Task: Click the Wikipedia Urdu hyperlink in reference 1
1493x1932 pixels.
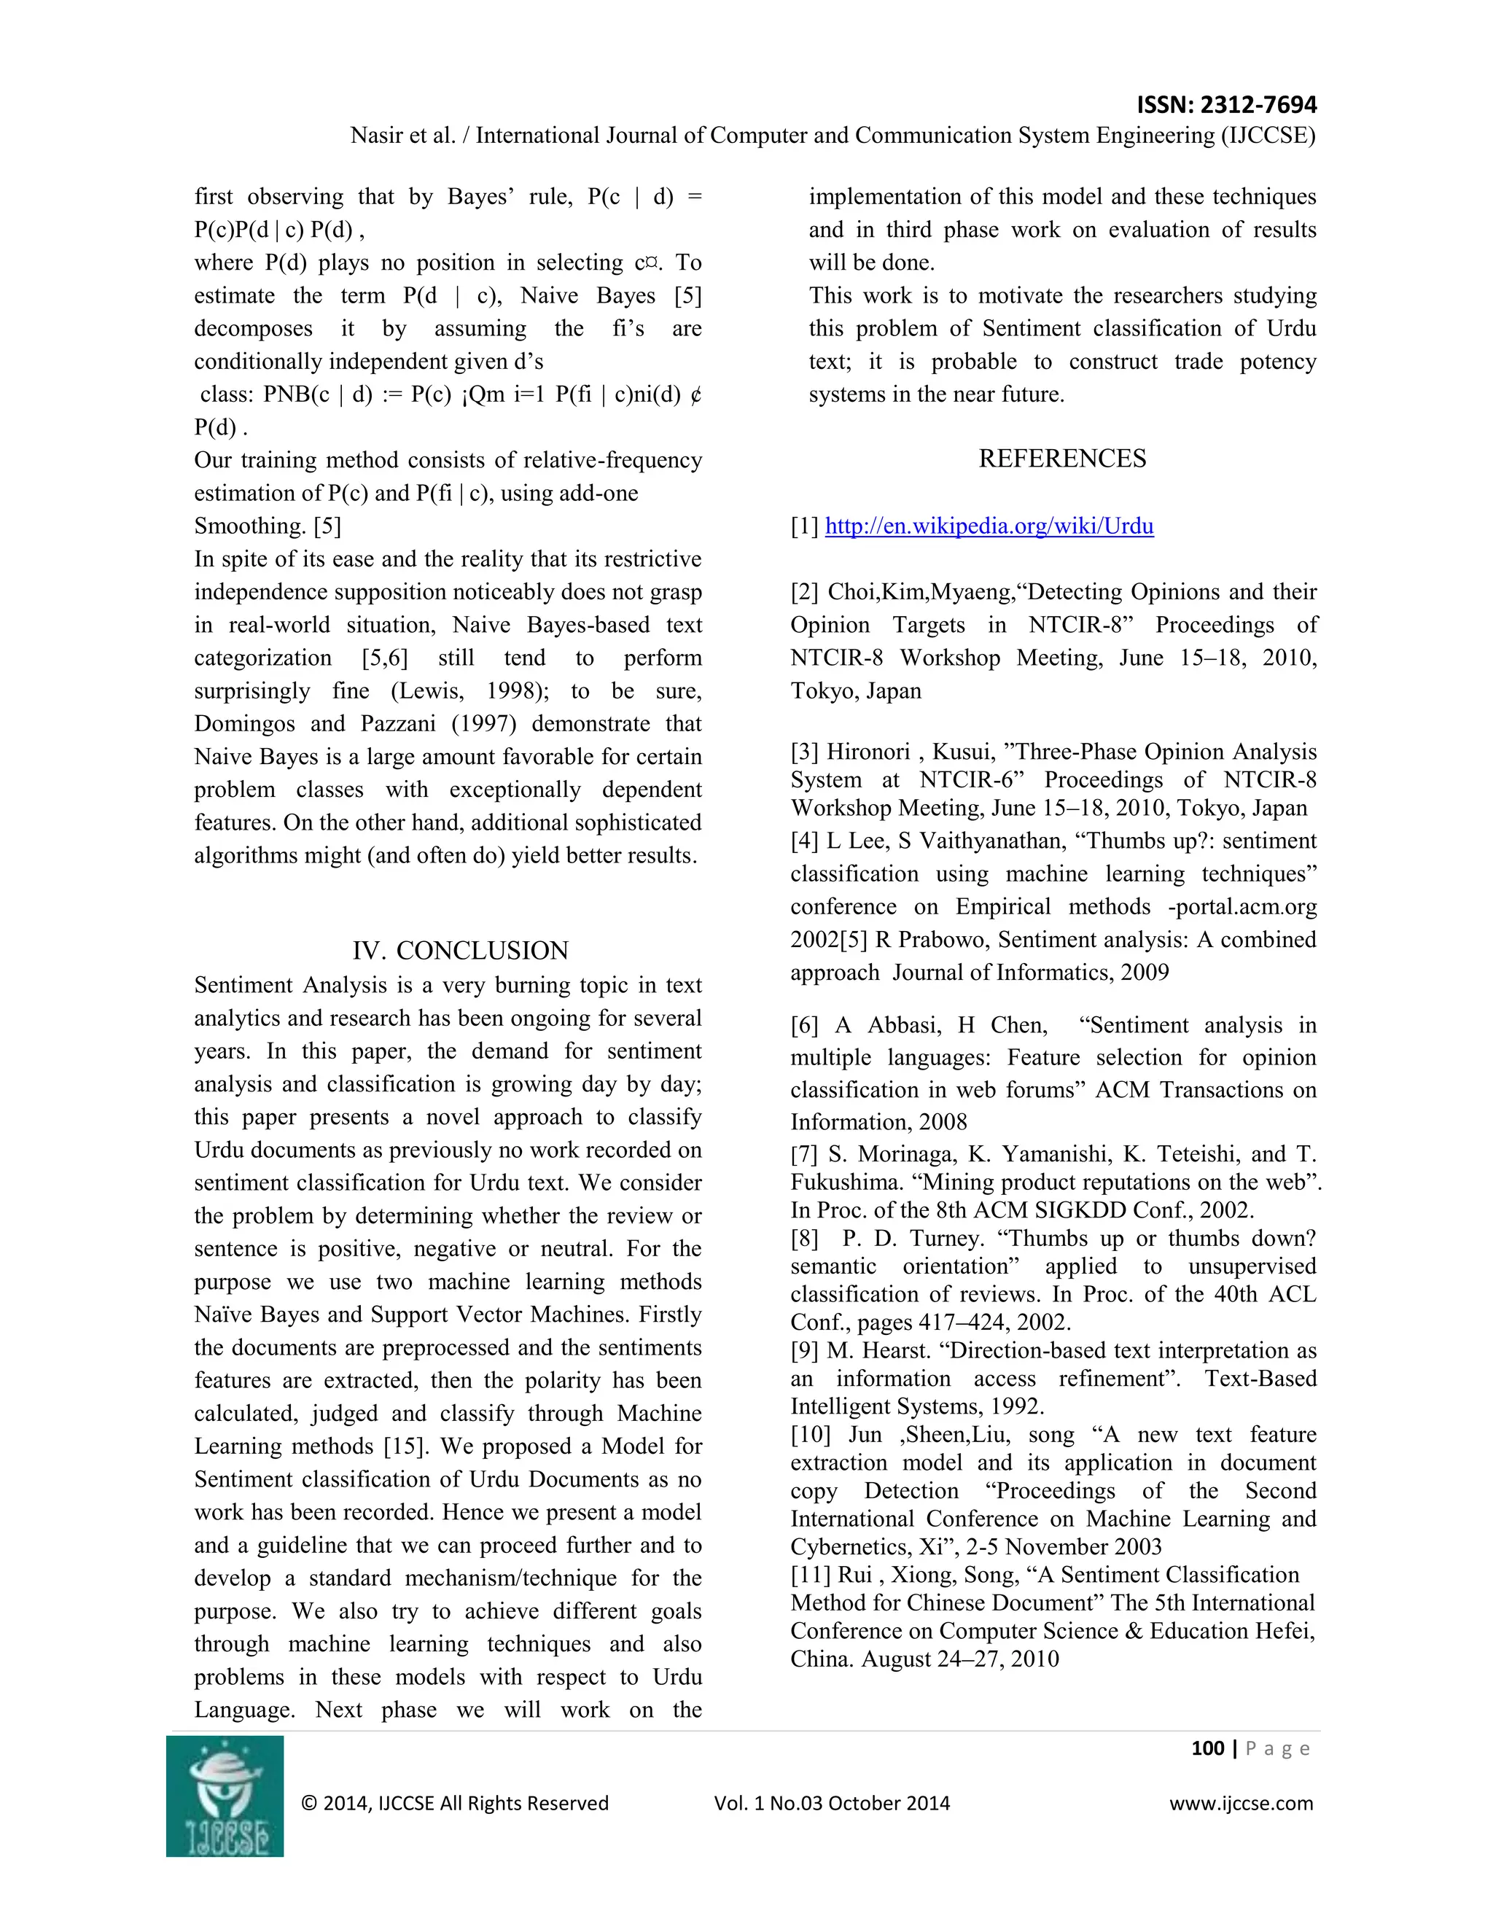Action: pyautogui.click(x=989, y=526)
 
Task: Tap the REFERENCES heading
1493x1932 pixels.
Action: pyautogui.click(x=1061, y=459)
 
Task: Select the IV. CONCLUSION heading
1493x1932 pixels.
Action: pyautogui.click(x=460, y=950)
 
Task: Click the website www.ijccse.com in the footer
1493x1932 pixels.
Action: pyautogui.click(x=1241, y=1803)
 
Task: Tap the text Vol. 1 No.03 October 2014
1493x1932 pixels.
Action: pyautogui.click(x=831, y=1803)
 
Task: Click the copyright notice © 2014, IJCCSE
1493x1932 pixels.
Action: pyautogui.click(x=455, y=1803)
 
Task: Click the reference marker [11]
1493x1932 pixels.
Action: pyautogui.click(x=810, y=1575)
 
